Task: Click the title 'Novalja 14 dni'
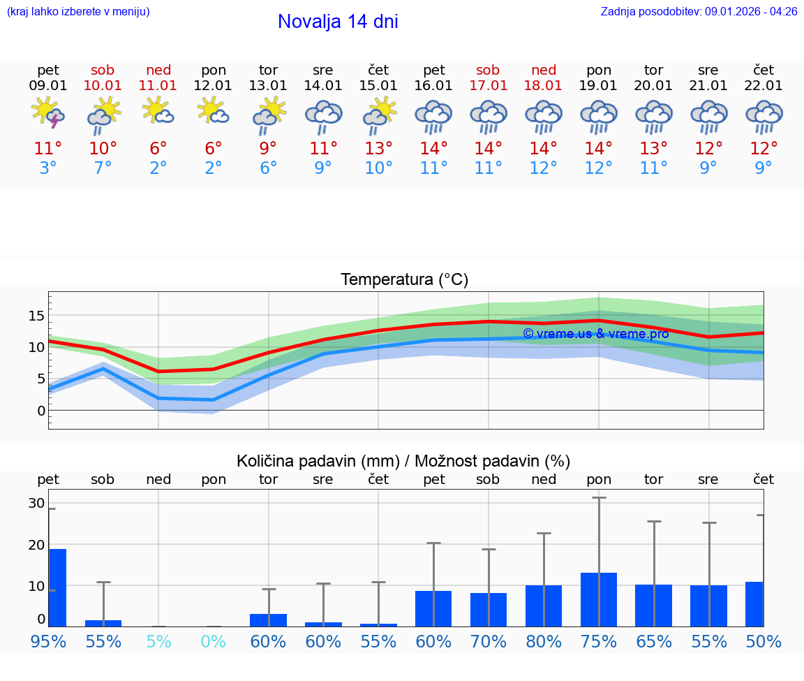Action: click(x=338, y=22)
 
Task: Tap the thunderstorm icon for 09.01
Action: click(x=48, y=114)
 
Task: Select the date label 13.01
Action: click(x=268, y=86)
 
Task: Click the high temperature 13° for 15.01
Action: click(x=378, y=149)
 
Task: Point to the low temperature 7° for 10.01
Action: click(x=103, y=168)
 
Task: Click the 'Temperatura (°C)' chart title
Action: click(x=404, y=280)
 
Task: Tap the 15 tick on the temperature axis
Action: click(x=36, y=316)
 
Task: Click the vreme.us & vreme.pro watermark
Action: click(x=595, y=334)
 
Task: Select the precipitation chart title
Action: click(x=403, y=461)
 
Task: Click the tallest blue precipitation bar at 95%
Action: click(x=57, y=587)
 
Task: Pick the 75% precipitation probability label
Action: click(x=599, y=642)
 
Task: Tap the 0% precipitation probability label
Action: click(x=214, y=642)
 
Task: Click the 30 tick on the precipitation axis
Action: click(x=36, y=504)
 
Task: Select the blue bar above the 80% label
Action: click(x=544, y=606)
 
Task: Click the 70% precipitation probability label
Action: click(x=489, y=642)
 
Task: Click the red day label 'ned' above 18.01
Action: click(x=544, y=70)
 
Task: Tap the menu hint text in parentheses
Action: click(x=78, y=12)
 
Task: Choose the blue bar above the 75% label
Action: click(x=599, y=599)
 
